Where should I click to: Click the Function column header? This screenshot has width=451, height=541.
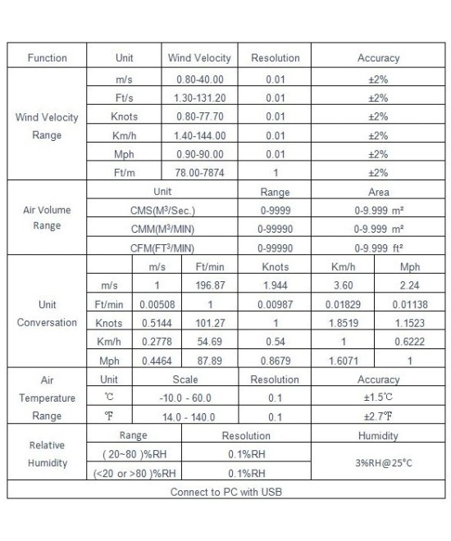48,59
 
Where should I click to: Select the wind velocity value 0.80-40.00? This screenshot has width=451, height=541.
199,79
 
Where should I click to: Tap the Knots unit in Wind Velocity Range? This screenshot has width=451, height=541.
124,116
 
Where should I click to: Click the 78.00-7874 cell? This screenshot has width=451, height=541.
199,173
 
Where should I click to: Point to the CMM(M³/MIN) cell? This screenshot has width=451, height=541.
162,229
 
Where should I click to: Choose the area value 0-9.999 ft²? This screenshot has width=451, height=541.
378,248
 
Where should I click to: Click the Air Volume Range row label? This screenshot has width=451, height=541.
48,217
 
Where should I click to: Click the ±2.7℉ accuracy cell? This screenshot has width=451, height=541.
378,416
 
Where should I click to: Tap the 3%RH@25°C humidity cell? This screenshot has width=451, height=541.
378,463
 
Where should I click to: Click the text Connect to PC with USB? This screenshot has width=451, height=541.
225,492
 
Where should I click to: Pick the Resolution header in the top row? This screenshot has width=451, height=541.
275,59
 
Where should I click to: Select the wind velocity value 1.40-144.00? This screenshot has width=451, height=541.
199,135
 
